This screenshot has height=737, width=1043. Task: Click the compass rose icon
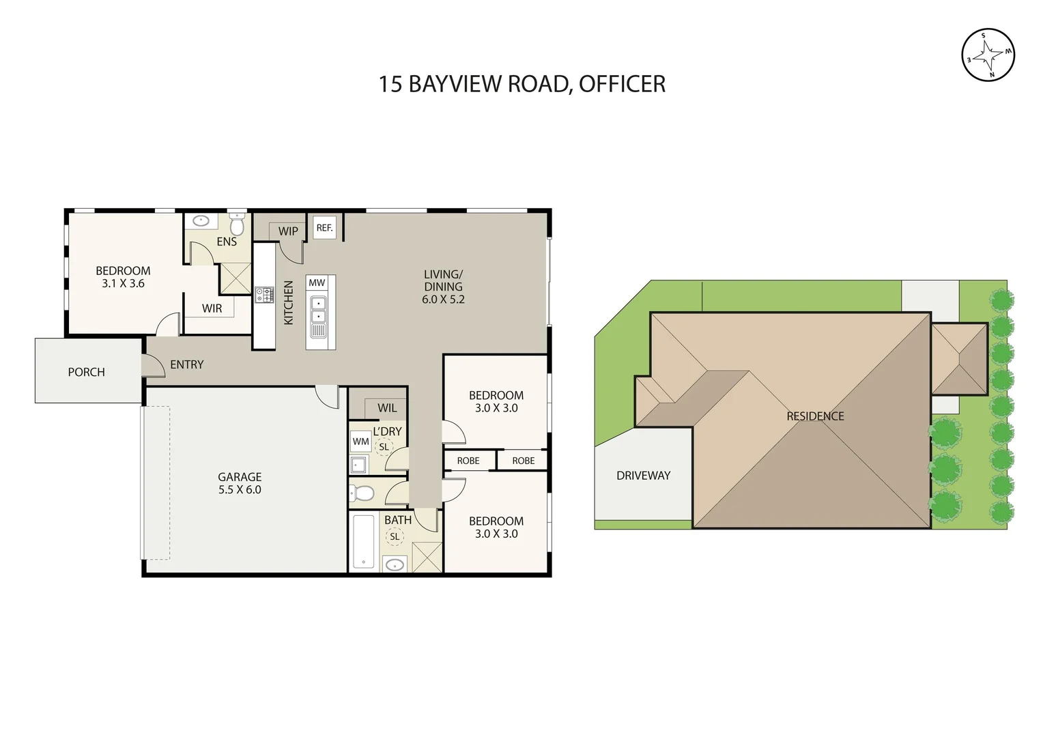coord(988,55)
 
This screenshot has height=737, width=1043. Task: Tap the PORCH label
coord(86,372)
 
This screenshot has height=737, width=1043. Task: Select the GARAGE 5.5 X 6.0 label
coord(240,483)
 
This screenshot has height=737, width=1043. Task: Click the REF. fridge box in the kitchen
coord(324,228)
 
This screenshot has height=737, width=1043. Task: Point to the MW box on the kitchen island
coord(317,283)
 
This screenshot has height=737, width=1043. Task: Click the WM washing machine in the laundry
coord(360,442)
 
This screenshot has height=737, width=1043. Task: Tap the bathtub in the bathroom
coord(363,542)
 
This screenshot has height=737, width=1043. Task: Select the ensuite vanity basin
coord(201,221)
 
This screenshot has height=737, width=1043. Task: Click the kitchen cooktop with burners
coord(264,295)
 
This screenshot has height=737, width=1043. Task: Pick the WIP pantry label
coord(288,231)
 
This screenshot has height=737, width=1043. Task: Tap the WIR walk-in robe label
coord(212,308)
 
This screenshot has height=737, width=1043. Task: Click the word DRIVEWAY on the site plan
coord(643,476)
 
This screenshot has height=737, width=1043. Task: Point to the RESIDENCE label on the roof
coord(815,416)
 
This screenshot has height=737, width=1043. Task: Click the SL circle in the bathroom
coord(395,537)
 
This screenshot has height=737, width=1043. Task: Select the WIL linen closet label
coord(387,408)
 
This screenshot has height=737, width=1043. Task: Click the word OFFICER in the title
coord(622,84)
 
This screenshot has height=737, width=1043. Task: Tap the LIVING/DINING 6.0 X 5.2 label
coord(443,287)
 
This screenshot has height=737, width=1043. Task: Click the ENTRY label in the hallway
coord(186,364)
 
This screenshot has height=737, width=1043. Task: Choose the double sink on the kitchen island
coord(318,310)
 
